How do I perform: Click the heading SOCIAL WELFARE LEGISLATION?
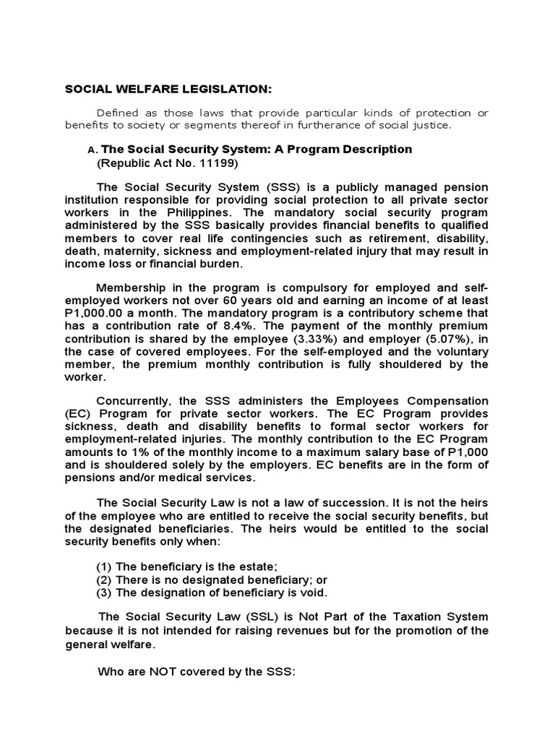tap(168, 90)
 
